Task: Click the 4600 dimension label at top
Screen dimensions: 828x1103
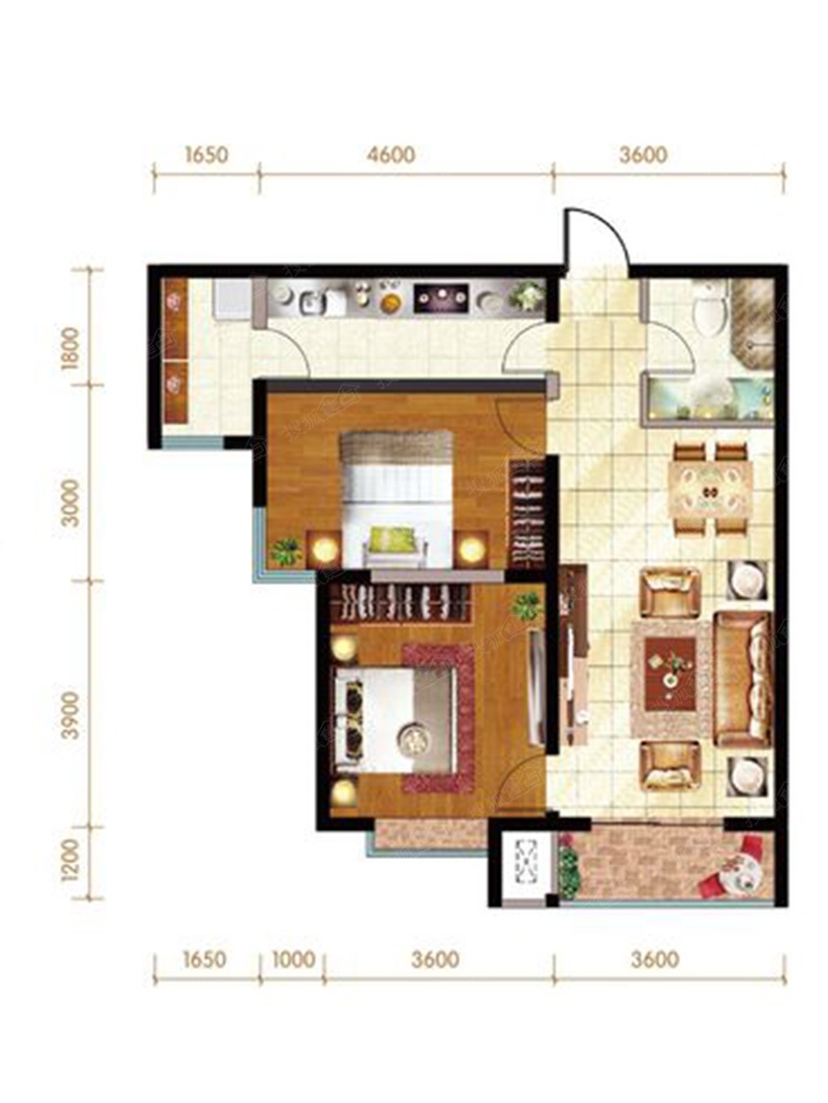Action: pos(391,154)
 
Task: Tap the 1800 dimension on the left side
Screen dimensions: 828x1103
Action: pos(72,348)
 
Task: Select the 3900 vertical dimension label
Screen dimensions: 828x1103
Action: pos(72,715)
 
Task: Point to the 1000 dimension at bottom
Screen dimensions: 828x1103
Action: pos(293,960)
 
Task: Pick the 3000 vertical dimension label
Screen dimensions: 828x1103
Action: pos(72,503)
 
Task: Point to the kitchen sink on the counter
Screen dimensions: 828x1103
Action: pos(313,303)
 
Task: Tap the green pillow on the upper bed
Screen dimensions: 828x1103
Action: pos(392,540)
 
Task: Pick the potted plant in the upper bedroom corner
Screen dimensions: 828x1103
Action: pos(287,551)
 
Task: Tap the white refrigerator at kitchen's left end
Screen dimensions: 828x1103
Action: pos(232,300)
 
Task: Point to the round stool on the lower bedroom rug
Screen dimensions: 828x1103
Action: pos(414,738)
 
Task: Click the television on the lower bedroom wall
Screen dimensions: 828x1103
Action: pos(538,687)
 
